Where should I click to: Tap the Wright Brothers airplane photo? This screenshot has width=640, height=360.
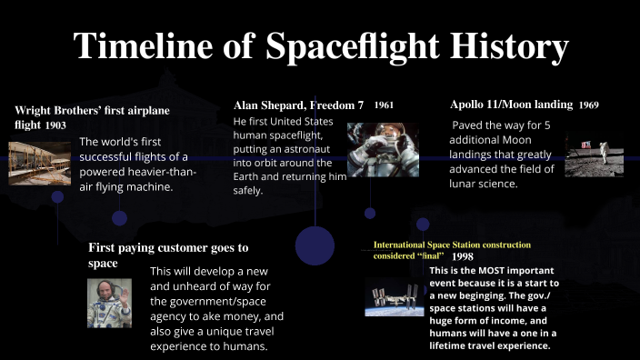coord(39,163)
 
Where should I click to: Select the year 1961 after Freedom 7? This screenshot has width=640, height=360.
coord(384,105)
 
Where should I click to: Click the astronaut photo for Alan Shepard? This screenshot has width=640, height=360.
coord(383,149)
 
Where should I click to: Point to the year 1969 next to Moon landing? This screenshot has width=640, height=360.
coord(588,105)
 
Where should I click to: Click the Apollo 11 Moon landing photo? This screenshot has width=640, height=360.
coord(594,155)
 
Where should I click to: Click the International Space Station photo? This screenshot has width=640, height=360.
coord(394,296)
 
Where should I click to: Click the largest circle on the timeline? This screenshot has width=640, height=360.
coord(315,245)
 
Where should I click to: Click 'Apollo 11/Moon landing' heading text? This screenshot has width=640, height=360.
coord(511,105)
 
